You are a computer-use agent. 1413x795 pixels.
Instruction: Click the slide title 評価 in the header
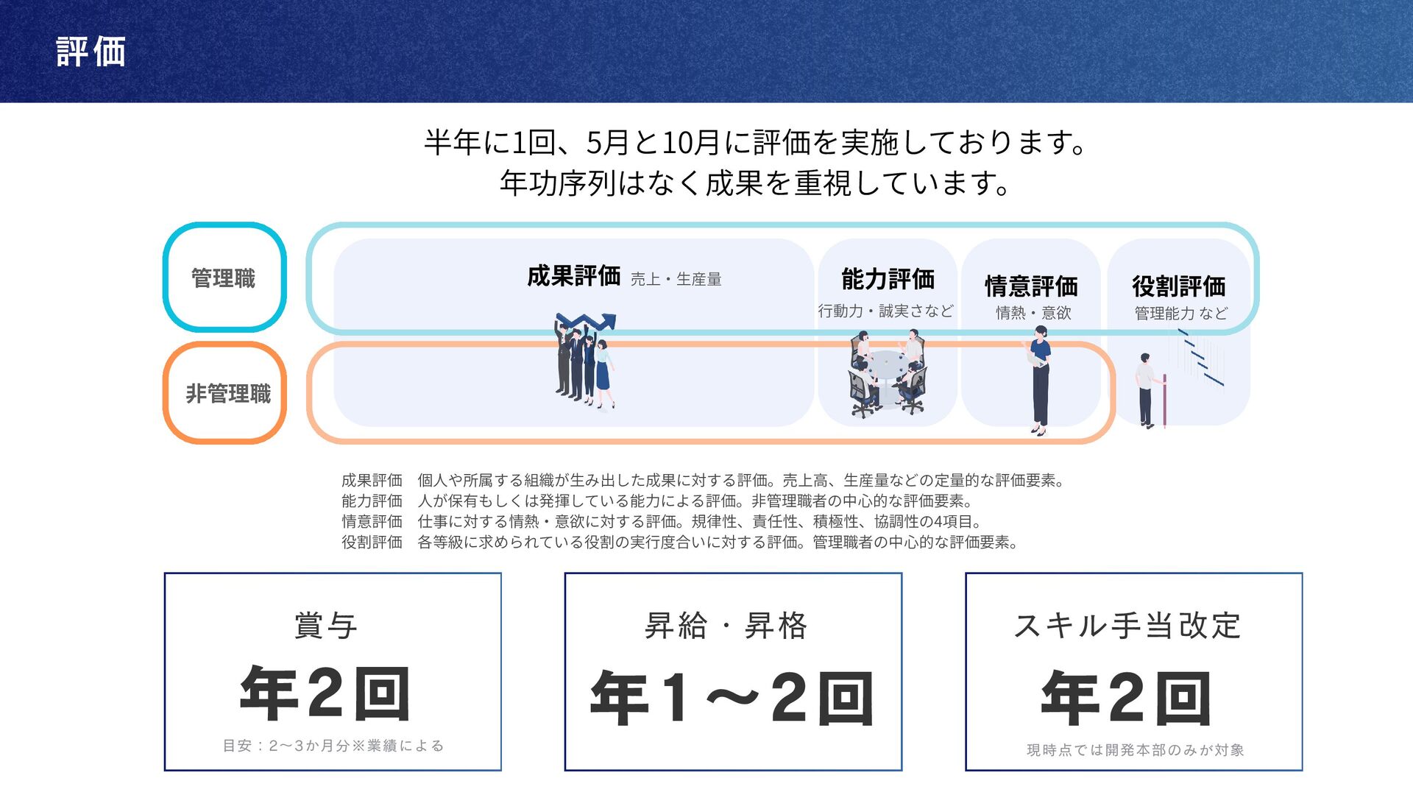click(x=91, y=52)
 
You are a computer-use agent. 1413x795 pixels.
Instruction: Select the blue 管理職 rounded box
click(x=224, y=278)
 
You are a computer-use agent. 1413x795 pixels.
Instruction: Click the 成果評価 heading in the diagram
click(x=573, y=276)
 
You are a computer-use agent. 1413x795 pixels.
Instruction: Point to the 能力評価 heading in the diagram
click(x=888, y=279)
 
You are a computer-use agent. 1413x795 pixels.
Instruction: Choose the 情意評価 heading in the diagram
click(x=1031, y=286)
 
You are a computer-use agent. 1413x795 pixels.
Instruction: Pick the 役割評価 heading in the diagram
click(x=1178, y=286)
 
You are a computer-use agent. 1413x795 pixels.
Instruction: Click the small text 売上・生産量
click(x=676, y=279)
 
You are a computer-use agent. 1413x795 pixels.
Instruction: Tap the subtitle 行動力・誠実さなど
click(x=885, y=311)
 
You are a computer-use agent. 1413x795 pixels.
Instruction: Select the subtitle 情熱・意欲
click(x=1033, y=313)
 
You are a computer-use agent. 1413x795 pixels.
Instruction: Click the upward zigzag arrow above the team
click(x=587, y=322)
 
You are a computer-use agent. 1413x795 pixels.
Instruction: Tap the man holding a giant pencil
click(x=1150, y=390)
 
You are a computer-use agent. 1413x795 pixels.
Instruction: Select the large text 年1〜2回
click(x=732, y=697)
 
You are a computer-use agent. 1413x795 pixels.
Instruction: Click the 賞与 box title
click(x=326, y=626)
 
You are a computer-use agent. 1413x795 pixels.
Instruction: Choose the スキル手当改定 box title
click(x=1127, y=626)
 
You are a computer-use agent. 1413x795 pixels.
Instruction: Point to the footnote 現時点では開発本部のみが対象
click(x=1135, y=750)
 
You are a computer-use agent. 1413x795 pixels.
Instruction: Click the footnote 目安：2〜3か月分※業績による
click(x=333, y=746)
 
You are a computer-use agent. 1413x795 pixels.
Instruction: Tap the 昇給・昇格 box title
click(x=726, y=626)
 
